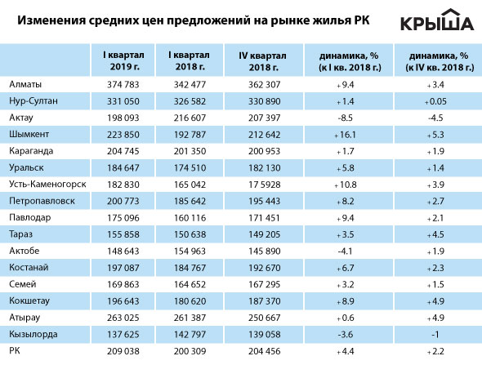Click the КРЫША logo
[x=437, y=20]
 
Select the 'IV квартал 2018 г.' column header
[x=263, y=61]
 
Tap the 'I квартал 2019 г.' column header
[x=123, y=60]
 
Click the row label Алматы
[x=25, y=84]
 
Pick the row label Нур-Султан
[x=33, y=101]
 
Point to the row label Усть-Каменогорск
[x=47, y=184]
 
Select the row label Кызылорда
[x=33, y=334]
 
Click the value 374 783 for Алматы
[x=123, y=84]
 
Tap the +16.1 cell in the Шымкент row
[x=345, y=135]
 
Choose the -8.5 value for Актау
[x=346, y=118]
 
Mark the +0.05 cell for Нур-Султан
[x=435, y=101]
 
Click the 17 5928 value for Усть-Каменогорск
[x=265, y=185]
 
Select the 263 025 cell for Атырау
[x=123, y=318]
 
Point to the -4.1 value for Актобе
[x=345, y=251]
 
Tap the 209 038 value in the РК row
[x=123, y=351]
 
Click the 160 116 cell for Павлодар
[x=190, y=218]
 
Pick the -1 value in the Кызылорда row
[x=435, y=335]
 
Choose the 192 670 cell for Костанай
[x=265, y=268]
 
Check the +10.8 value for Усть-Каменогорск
[x=346, y=185]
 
